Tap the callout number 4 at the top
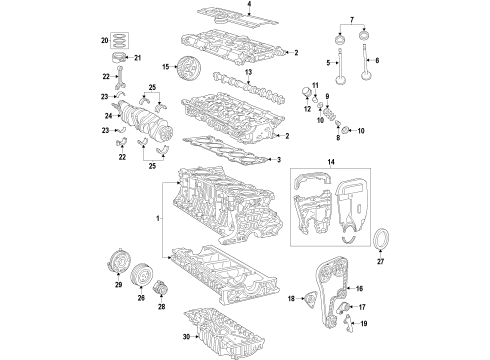[x=250, y=5]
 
